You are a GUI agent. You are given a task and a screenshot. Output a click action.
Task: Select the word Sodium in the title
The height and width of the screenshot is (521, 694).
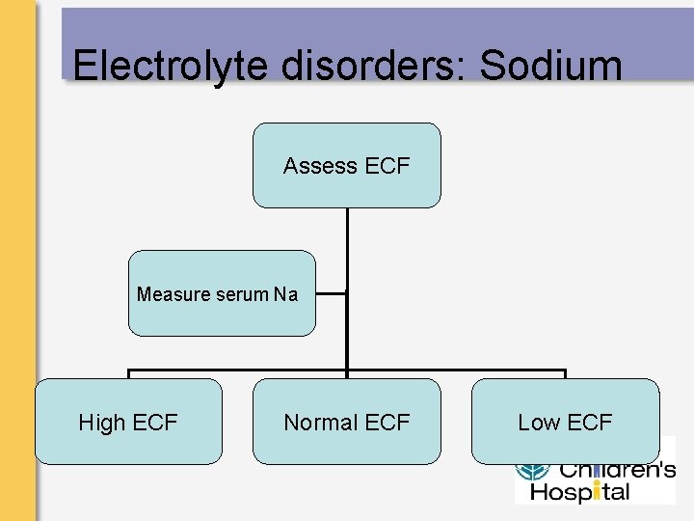pyautogui.click(x=551, y=66)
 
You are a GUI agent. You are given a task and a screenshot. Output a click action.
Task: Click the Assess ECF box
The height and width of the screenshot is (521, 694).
pyautogui.click(x=346, y=165)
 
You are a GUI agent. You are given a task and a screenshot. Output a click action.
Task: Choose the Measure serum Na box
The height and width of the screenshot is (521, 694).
pyautogui.click(x=222, y=293)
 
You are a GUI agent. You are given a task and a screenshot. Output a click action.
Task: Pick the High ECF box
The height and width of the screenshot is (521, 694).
pyautogui.click(x=128, y=422)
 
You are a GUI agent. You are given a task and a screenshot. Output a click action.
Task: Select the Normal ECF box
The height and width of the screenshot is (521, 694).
pyautogui.click(x=346, y=422)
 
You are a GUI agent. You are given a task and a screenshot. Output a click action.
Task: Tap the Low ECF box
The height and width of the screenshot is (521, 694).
pyautogui.click(x=565, y=422)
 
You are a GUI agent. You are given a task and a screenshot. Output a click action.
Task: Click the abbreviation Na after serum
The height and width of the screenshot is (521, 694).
pyautogui.click(x=286, y=294)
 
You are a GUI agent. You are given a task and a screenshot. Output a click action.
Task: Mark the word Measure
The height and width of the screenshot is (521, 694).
pyautogui.click(x=173, y=294)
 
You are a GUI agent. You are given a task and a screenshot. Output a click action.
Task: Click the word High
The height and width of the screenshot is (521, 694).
pyautogui.click(x=100, y=423)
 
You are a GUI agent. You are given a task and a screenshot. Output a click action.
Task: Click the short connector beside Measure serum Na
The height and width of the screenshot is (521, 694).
pyautogui.click(x=331, y=294)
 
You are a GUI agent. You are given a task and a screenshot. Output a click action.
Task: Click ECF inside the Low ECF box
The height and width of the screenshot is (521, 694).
pyautogui.click(x=590, y=423)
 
